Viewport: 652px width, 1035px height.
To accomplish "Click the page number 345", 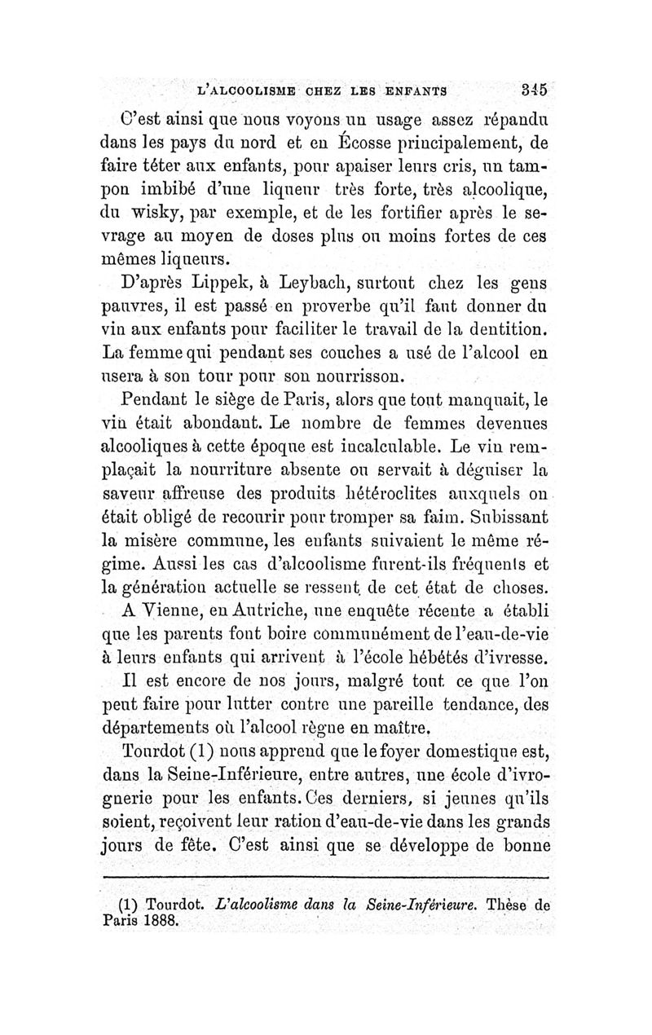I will pos(535,91).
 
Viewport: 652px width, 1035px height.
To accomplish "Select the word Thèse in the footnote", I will pos(509,903).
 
